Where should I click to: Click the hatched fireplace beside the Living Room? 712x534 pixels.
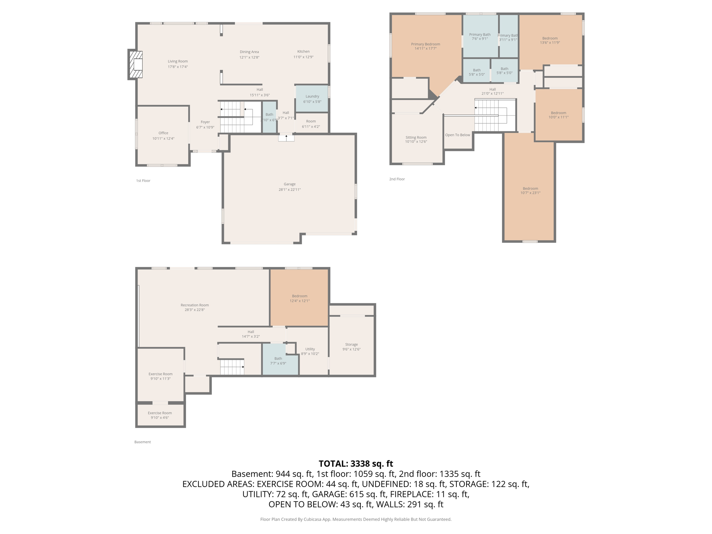(x=136, y=65)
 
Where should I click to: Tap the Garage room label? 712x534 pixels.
(x=289, y=184)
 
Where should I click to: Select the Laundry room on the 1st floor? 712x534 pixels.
(x=312, y=99)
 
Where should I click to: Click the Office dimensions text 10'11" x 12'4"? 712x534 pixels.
(x=163, y=139)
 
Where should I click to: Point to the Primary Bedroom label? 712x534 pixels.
(x=425, y=44)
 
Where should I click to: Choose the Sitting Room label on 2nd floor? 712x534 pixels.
(x=416, y=137)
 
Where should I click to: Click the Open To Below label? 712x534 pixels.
(x=457, y=135)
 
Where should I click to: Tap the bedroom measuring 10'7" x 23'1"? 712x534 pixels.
(x=530, y=191)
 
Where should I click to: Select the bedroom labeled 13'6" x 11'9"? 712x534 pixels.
(x=550, y=40)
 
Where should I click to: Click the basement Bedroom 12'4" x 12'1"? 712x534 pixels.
(x=299, y=298)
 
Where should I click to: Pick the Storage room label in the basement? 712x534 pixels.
(x=351, y=345)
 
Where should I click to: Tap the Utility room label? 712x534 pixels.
(x=310, y=349)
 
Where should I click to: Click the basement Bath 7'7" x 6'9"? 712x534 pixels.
(x=278, y=361)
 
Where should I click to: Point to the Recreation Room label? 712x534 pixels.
(x=194, y=305)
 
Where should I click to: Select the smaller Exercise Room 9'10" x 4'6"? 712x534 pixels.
(x=160, y=415)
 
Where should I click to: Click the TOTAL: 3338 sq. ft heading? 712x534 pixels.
(x=356, y=463)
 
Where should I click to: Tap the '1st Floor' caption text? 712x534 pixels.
(x=143, y=181)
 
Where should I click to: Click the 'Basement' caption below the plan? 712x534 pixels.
(x=143, y=442)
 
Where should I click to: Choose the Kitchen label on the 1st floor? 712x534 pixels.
(x=303, y=51)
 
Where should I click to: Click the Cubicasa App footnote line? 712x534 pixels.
(x=356, y=519)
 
